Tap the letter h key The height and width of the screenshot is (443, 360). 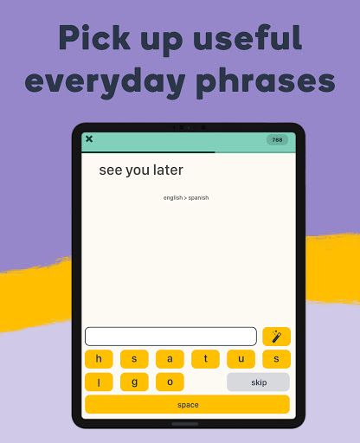pos(99,359)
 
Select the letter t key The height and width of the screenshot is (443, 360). pos(205,359)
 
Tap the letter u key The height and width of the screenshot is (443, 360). pos(241,359)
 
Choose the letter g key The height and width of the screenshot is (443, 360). pos(134,382)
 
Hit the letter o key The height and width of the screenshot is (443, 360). pos(170,382)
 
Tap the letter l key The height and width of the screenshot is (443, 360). pos(99,382)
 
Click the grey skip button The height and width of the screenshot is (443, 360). pos(258,382)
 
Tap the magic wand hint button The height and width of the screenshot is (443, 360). pos(276,337)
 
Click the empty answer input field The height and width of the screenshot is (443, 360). pos(170,337)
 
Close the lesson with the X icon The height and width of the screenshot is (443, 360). pos(89,139)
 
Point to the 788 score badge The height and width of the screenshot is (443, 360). pos(277,140)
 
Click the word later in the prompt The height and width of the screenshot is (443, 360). pos(168,170)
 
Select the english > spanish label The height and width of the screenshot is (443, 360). pos(186,198)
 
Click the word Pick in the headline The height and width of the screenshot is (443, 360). pos(94,38)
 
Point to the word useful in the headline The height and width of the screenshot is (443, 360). pos(247,38)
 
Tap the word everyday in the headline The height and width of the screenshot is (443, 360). pos(105,82)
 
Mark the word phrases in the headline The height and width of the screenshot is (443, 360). pos(266,82)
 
